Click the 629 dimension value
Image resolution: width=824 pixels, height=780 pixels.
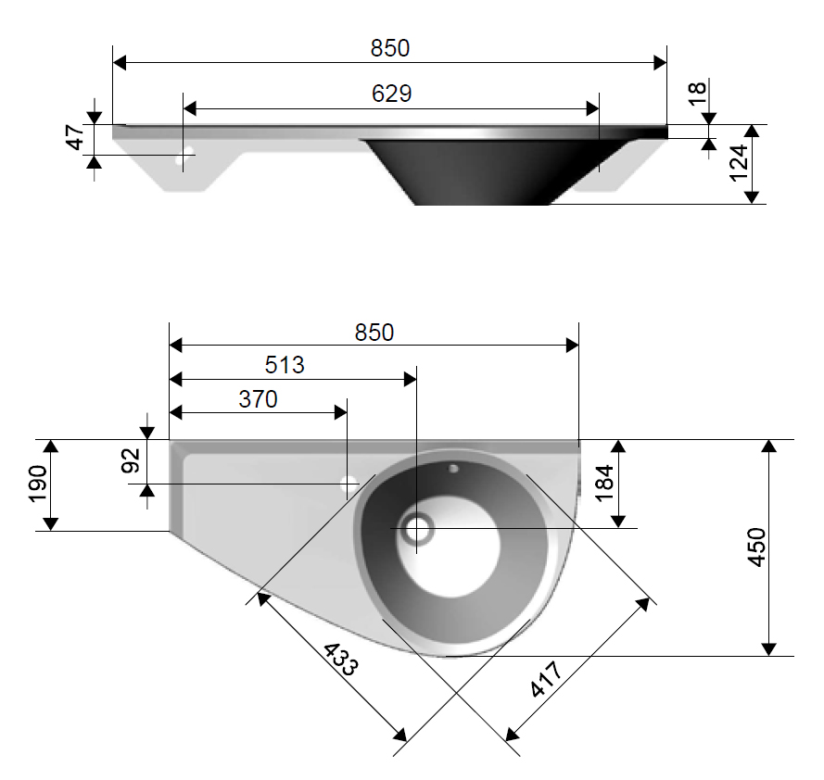[390, 93]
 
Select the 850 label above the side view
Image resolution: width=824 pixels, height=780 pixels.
[390, 48]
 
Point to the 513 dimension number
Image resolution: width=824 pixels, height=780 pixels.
[285, 365]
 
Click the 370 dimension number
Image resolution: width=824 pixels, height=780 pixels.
[258, 399]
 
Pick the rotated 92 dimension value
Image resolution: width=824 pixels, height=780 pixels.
[131, 460]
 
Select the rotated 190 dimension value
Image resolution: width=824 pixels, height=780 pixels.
[38, 484]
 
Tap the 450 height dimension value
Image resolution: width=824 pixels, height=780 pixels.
[756, 547]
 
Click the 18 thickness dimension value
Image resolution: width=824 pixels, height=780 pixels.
[698, 93]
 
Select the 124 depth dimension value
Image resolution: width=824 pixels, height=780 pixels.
[738, 164]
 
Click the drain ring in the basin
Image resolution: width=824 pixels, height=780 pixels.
[416, 529]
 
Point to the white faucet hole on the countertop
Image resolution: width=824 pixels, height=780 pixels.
[350, 484]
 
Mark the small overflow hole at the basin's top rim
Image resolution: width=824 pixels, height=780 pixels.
[453, 468]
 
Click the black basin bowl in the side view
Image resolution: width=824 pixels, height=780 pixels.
[482, 171]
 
